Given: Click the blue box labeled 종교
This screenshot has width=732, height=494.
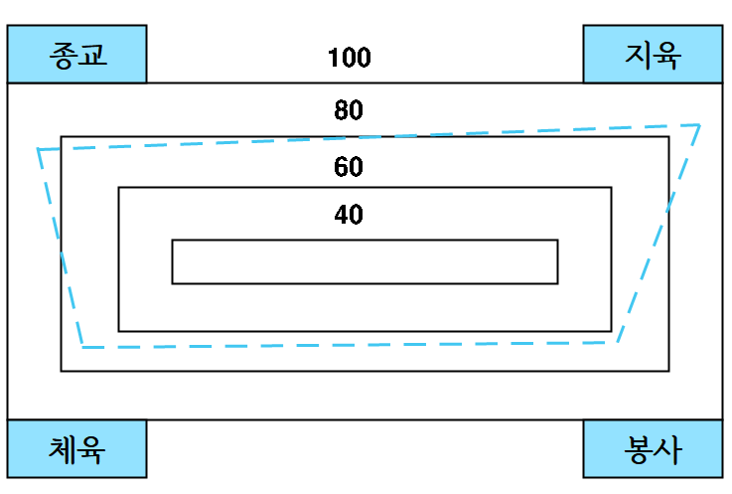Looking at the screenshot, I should click(x=76, y=54).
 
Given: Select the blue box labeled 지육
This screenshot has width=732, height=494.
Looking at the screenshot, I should click(x=653, y=54).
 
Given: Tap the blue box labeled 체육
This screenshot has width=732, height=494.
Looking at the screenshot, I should click(x=76, y=449).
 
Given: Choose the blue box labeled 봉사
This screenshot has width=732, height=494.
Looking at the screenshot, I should click(x=653, y=449).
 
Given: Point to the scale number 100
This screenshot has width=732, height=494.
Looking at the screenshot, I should click(x=349, y=58).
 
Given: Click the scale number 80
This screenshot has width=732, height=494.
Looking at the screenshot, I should click(x=349, y=110).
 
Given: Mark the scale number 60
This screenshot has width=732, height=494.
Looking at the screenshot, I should click(x=349, y=166).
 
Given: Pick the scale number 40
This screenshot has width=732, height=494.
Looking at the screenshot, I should click(x=349, y=214).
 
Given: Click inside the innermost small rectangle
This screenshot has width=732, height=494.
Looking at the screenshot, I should click(x=365, y=261).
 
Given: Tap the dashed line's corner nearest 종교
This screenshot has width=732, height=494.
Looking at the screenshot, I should click(x=39, y=149).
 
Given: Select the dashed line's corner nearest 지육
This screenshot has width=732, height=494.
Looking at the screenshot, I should click(x=700, y=125).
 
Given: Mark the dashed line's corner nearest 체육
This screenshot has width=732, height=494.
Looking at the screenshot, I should click(x=82, y=347).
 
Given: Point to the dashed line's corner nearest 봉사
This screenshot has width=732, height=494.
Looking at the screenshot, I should click(x=618, y=342).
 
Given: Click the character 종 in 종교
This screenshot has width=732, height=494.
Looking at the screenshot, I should click(x=63, y=54).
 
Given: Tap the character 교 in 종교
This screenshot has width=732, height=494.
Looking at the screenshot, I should click(x=91, y=54).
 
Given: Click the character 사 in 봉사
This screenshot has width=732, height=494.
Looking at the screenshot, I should click(x=667, y=449).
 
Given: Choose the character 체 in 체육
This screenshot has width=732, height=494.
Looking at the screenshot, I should click(x=63, y=449).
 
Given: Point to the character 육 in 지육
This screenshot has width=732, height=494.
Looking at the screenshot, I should click(x=667, y=54).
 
